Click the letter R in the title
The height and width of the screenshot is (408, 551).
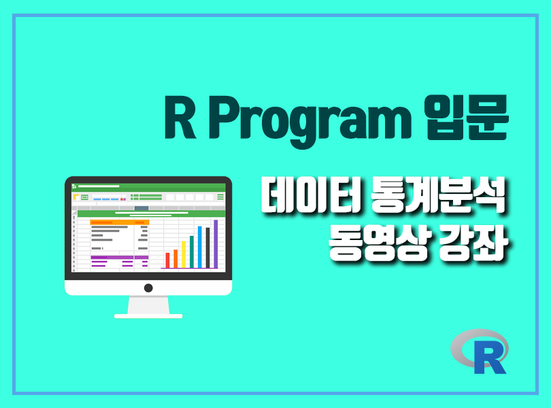click(x=180, y=117)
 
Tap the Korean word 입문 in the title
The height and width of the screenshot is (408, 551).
click(x=466, y=117)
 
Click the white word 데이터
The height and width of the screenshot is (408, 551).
click(x=310, y=194)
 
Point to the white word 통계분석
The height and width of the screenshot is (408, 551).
click(x=438, y=194)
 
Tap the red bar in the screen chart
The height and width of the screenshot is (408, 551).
click(x=167, y=260)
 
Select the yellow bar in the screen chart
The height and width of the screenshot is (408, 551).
click(x=184, y=254)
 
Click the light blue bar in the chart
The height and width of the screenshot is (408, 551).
click(x=199, y=247)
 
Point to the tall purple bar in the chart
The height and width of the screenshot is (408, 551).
click(x=216, y=244)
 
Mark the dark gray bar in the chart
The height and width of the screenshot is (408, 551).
click(x=207, y=248)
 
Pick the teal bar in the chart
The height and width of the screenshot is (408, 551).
click(x=192, y=252)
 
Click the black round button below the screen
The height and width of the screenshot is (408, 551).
click(x=148, y=288)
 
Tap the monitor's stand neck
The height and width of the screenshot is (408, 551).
click(x=148, y=305)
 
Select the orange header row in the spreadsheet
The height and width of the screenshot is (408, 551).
click(x=120, y=222)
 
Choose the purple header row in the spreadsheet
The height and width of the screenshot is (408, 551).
click(x=120, y=258)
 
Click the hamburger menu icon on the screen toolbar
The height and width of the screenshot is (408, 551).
click(x=220, y=197)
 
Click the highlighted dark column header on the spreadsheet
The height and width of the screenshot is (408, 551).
click(x=141, y=208)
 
